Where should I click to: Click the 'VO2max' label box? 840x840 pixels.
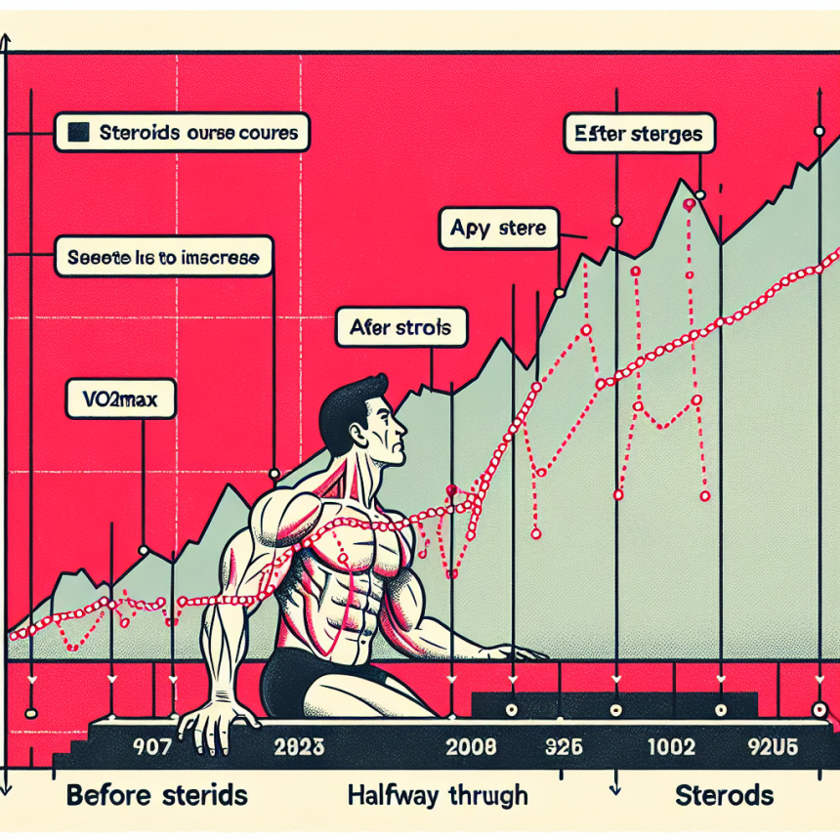[120, 399]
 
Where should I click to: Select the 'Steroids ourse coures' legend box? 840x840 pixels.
[183, 131]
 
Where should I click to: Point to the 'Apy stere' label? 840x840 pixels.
[497, 231]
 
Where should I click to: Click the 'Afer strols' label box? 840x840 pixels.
[400, 328]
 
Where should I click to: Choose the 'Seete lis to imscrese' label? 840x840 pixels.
[162, 259]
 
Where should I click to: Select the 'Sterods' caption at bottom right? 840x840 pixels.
[725, 794]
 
